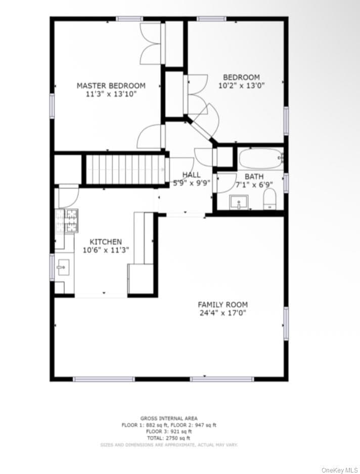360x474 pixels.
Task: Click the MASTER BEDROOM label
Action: [111, 86]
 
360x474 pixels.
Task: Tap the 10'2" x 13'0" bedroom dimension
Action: [241, 86]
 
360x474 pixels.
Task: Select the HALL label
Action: [191, 175]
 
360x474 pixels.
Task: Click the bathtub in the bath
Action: [260, 158]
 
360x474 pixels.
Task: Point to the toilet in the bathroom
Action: [269, 199]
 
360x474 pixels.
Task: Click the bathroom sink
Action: [239, 202]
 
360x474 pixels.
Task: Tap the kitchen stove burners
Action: [67, 221]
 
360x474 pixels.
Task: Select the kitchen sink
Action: [63, 267]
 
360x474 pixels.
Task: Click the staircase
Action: [125, 169]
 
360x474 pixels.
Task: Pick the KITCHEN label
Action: [106, 242]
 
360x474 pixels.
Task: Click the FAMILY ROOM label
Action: [222, 305]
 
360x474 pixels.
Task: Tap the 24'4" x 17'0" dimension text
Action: [222, 313]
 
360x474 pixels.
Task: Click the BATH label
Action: [254, 176]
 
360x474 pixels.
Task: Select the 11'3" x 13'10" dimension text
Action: [111, 94]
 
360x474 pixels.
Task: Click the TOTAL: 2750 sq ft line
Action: [168, 438]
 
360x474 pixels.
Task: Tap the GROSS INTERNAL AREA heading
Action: [169, 418]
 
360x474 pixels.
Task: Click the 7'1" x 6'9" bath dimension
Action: [254, 185]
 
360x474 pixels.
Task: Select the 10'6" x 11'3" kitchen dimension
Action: [106, 250]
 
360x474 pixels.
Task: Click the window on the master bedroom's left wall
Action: [52, 105]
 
